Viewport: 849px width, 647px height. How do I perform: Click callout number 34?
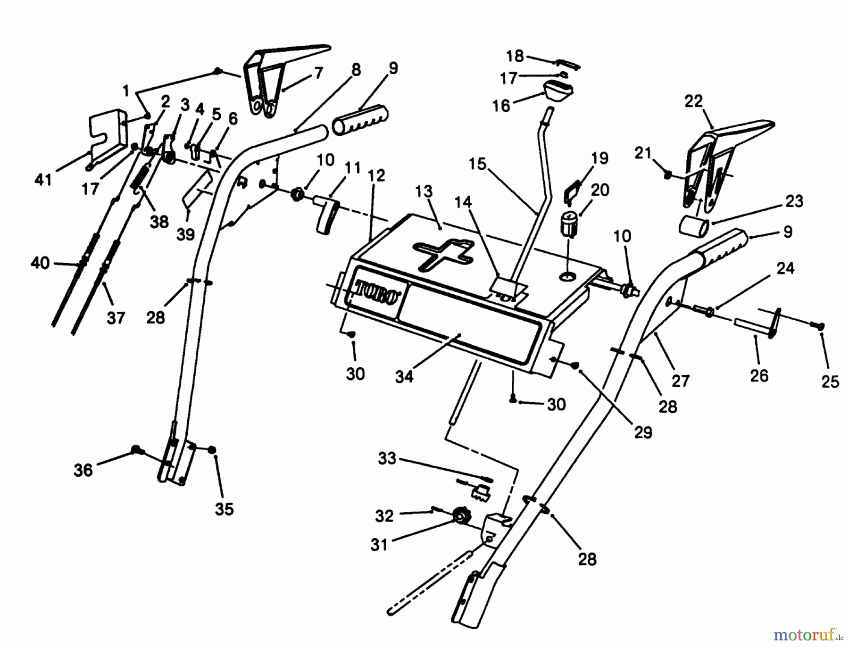coord(404,376)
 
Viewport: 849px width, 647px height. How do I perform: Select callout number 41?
coord(43,179)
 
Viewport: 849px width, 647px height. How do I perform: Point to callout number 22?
coord(693,101)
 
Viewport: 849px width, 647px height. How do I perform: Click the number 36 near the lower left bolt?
coord(83,470)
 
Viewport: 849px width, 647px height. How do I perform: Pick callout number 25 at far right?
coord(830,381)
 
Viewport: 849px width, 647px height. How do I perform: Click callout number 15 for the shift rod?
coord(477,164)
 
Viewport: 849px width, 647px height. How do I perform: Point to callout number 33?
coord(387,458)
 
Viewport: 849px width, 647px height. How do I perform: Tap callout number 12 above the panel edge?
coord(376,176)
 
